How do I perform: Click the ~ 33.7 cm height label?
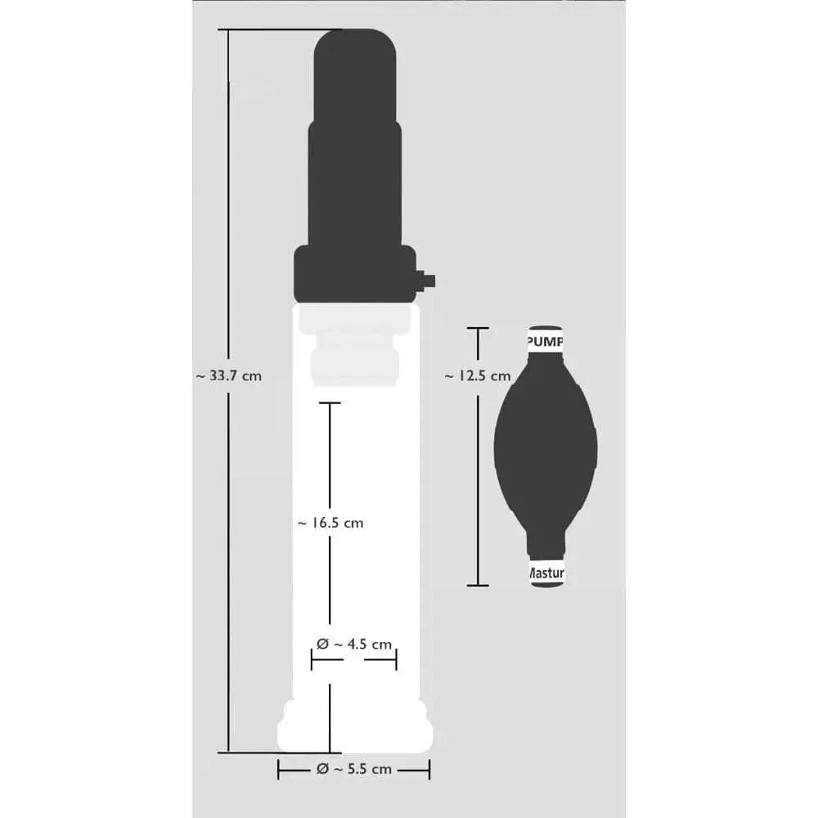229,376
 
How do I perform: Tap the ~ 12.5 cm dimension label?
477,376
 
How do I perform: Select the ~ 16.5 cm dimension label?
330,523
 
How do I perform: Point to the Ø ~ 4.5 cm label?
354,645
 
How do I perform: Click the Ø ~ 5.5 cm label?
354,769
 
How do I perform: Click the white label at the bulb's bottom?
546,574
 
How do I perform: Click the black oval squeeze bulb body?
546,446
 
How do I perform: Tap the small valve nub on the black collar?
427,281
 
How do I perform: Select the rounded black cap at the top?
355,74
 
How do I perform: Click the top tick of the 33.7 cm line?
228,30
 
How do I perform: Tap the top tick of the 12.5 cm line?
477,328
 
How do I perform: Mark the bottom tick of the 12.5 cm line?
477,585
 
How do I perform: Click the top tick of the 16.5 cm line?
330,402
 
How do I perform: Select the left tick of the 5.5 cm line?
279,769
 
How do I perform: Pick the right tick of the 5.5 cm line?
429,769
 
